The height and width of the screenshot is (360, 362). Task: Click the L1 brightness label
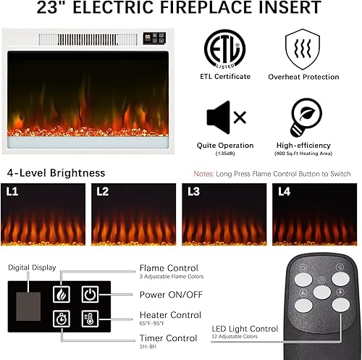tap(13, 193)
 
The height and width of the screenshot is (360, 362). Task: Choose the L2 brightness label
tap(103, 193)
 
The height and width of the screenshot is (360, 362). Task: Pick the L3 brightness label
tap(193, 193)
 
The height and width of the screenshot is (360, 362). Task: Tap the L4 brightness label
tap(283, 193)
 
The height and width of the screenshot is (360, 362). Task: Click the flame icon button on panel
tap(62, 295)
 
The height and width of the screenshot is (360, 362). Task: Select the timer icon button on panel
tap(62, 318)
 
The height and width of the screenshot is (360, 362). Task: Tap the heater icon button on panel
tap(90, 318)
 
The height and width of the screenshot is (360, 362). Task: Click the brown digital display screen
tap(30, 307)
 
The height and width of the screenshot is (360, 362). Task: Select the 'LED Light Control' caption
tap(245, 328)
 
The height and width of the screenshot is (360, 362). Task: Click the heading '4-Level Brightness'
tap(56, 173)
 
